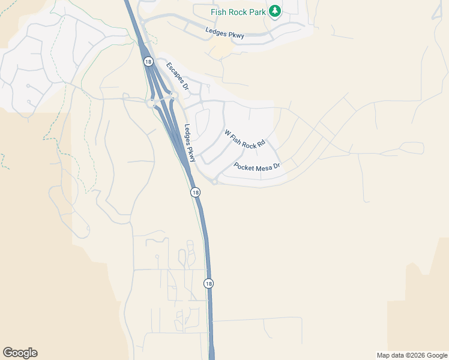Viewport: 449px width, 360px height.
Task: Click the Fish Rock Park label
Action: tap(238, 12)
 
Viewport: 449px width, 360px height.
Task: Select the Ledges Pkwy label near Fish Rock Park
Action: tap(226, 32)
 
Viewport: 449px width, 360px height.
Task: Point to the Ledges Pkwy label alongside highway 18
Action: tap(190, 143)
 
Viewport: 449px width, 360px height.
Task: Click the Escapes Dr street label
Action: tap(178, 77)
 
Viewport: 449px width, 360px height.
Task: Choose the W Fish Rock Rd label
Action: tap(244, 139)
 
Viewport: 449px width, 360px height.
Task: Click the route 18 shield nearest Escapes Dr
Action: tap(148, 61)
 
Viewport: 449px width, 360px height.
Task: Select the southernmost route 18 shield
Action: tap(208, 283)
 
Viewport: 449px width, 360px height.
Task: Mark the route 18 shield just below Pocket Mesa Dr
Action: tap(195, 192)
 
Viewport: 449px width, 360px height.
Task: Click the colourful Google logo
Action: tap(20, 353)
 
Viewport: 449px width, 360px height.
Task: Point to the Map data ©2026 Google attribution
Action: tap(412, 355)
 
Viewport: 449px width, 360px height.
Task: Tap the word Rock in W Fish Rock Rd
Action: tap(251, 142)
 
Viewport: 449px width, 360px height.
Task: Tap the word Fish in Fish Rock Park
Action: tap(218, 12)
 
